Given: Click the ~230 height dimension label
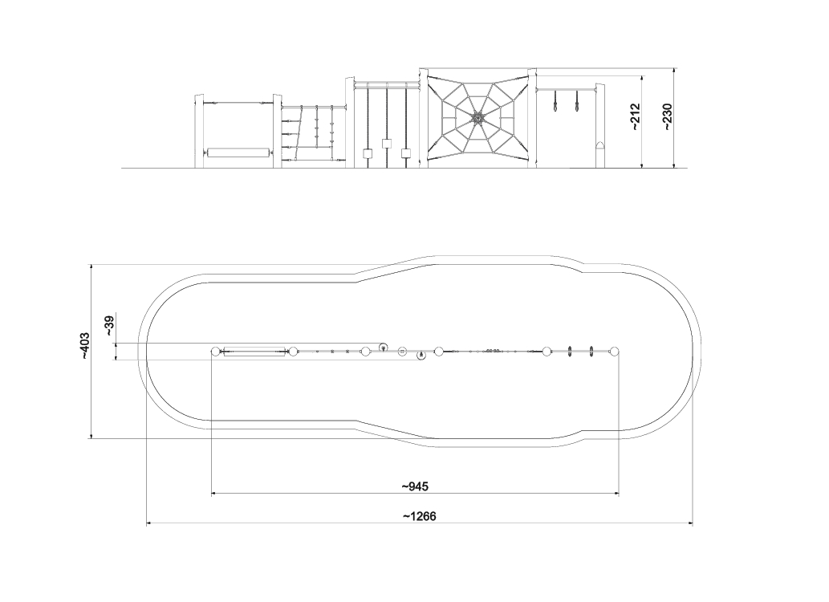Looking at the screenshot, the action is [x=667, y=117].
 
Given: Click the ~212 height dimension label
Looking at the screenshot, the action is [x=635, y=117].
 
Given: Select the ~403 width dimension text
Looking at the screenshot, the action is [x=85, y=347].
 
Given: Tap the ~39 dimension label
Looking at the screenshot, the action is [x=109, y=326].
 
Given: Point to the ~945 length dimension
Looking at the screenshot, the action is [x=415, y=486].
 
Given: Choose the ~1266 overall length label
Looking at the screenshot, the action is [x=420, y=516].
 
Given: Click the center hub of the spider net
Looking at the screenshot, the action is [x=478, y=118].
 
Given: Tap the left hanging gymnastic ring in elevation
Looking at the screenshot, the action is [x=555, y=102].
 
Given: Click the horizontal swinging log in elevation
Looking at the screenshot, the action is [x=239, y=153].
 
